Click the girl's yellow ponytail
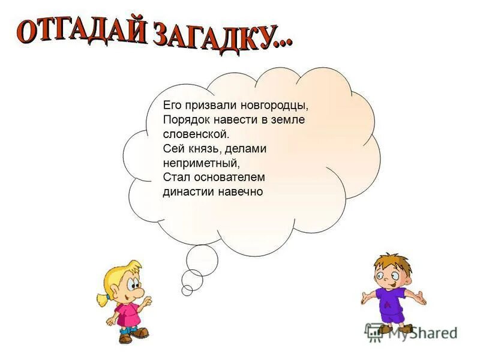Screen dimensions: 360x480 pyautogui.click(x=101, y=298)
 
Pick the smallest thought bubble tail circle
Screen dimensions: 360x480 pyautogui.click(x=187, y=290)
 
